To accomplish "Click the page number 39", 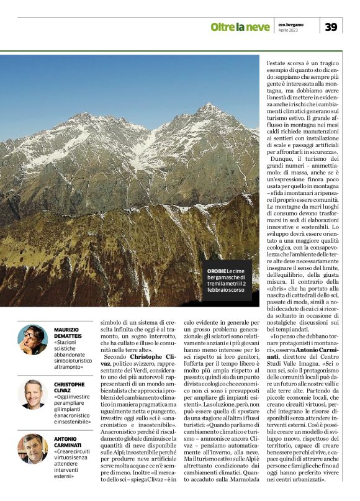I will pyautogui.click(x=331, y=26).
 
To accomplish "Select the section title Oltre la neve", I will pyautogui.click(x=240, y=27).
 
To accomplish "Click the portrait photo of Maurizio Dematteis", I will pyautogui.click(x=32, y=339).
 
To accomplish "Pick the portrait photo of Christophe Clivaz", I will pyautogui.click(x=32, y=394).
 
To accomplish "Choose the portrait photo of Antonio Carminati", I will pyautogui.click(x=32, y=448).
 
